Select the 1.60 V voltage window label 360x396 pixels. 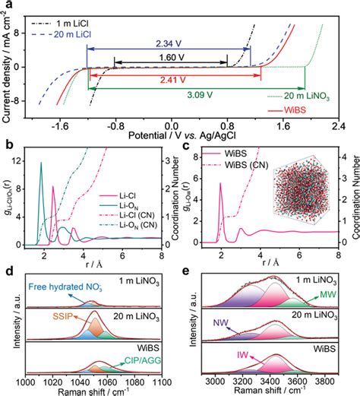pyautogui.click(x=172, y=57)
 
